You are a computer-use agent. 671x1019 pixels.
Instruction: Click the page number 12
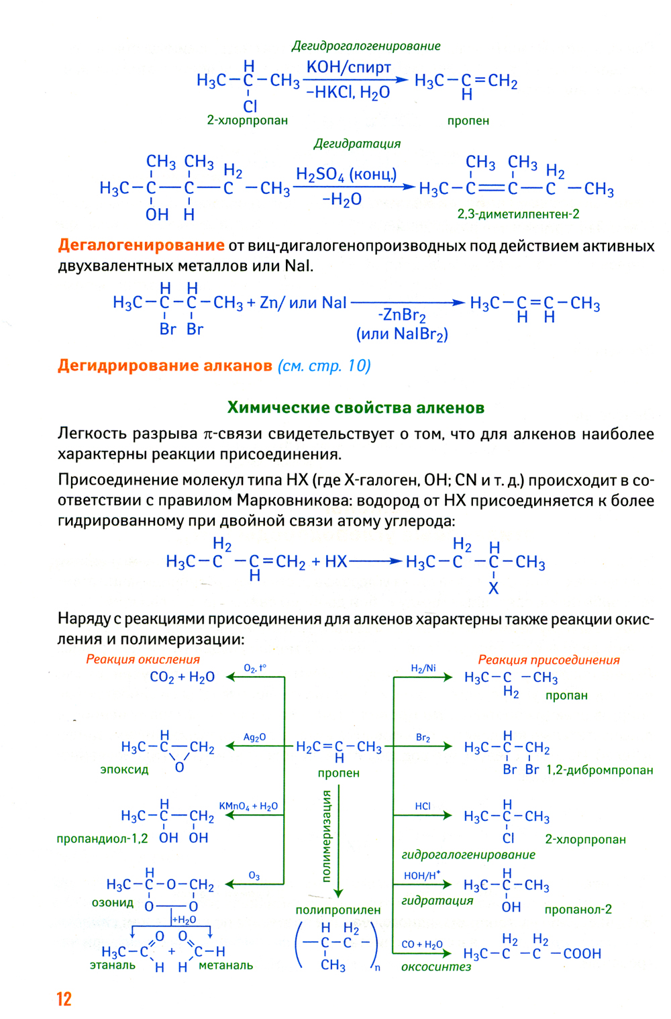click(64, 999)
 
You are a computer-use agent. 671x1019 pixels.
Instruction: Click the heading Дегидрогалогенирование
click(366, 46)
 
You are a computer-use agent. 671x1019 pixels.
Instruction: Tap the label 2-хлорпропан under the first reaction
click(247, 121)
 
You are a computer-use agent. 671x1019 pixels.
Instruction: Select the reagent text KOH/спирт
click(348, 67)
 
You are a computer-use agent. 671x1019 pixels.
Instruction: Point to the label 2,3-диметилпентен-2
click(518, 214)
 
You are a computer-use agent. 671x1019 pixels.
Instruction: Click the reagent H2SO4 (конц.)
click(346, 175)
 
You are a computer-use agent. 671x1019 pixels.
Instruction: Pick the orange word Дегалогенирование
click(141, 245)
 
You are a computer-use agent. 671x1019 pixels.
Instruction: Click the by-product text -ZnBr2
click(401, 315)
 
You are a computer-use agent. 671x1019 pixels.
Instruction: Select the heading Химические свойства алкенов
click(356, 407)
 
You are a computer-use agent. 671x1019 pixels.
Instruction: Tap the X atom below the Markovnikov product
click(493, 589)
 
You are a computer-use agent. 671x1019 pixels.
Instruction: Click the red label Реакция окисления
click(143, 659)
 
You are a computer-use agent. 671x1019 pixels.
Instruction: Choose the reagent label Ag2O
click(254, 737)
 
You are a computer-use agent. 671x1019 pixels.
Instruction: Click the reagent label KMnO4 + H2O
click(248, 806)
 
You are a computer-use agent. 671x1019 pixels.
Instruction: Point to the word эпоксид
click(124, 769)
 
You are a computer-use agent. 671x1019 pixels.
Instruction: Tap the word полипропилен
click(338, 910)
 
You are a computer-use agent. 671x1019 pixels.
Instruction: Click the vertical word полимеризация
click(327, 835)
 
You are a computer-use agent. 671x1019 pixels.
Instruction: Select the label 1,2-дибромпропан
click(599, 770)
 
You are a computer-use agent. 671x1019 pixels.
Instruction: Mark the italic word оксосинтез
click(436, 967)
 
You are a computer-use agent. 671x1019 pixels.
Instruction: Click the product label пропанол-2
click(578, 910)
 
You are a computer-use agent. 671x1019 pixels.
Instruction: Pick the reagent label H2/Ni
click(423, 668)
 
